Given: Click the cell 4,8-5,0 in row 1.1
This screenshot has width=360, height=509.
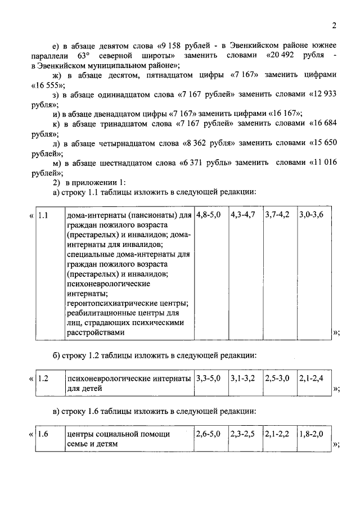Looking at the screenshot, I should pos(209,215).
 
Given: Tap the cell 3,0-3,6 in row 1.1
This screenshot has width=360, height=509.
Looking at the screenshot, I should pos(312,215).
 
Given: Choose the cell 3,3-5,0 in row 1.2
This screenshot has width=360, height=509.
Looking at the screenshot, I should pos(209,379).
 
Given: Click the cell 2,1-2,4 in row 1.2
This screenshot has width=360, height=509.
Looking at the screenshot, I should pos(311,379).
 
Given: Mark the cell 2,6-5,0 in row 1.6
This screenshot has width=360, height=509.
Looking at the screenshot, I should pos(209,435).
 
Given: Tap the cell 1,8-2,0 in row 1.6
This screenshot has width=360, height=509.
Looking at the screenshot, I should pos(311,435).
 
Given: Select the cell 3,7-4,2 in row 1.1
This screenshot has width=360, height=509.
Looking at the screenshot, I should pos(277,215).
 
